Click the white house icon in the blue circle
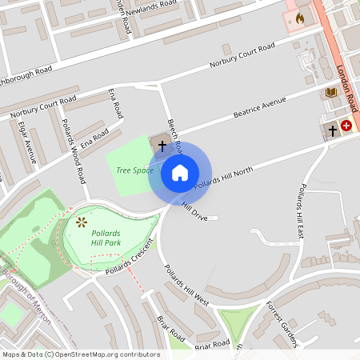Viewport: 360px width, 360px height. point(180,173)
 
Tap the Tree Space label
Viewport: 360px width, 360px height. point(134,170)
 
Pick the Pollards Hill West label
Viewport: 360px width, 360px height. point(186,286)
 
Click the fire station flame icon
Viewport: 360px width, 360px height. point(300,17)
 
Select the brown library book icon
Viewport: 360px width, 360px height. point(330,93)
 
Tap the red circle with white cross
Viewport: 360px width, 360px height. point(346,126)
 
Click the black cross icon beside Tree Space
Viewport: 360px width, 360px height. point(162,146)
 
